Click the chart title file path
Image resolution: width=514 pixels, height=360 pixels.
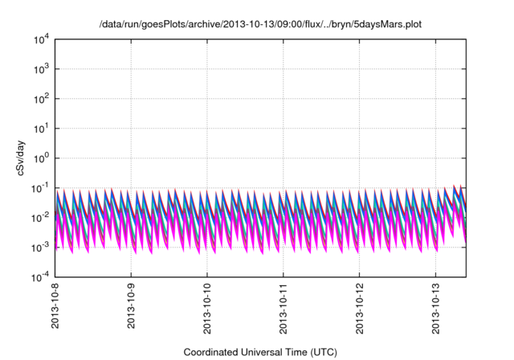[x=260, y=24]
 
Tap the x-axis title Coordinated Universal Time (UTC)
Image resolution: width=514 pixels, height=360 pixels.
[x=260, y=352]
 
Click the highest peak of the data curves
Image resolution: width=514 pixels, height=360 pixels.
[x=455, y=186]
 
